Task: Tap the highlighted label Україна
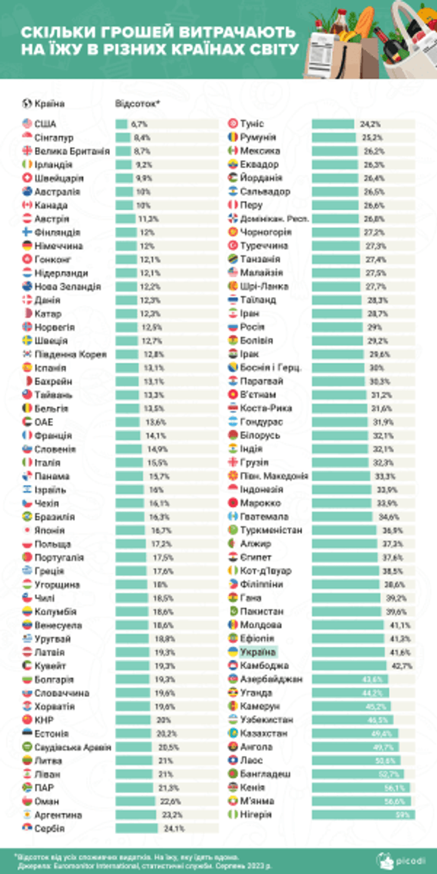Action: tap(258, 652)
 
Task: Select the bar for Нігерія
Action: tap(363, 815)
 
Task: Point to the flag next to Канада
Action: tap(27, 206)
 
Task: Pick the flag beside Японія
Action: tap(27, 530)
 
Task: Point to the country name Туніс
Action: tap(252, 124)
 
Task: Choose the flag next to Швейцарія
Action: tap(27, 178)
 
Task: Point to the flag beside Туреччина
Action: tap(233, 246)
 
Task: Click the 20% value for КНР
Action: tap(164, 720)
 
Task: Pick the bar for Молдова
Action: tap(348, 625)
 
